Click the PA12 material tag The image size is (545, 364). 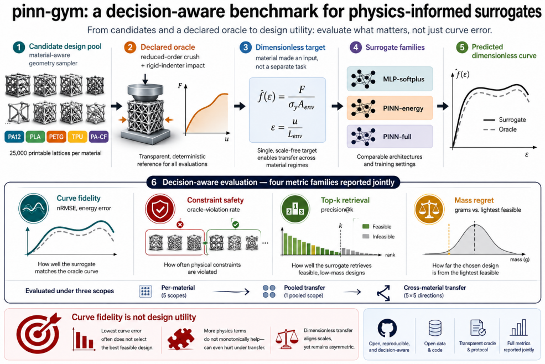[14, 137]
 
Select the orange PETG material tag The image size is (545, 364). [56, 137]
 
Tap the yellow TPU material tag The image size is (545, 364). [77, 137]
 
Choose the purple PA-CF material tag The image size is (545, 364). [98, 137]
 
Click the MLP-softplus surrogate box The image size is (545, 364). [390, 79]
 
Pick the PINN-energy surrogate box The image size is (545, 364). [390, 108]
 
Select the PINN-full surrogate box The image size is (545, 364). [390, 137]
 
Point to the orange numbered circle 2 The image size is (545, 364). [130, 47]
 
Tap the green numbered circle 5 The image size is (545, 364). [462, 47]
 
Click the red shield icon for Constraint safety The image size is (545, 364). [160, 209]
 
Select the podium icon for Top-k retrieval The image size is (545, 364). [295, 209]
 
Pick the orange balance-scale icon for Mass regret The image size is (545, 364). [429, 209]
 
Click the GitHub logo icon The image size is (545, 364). [387, 328]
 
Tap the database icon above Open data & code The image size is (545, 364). [435, 328]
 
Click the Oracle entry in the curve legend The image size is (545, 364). [500, 129]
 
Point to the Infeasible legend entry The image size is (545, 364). [378, 236]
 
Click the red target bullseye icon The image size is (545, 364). [38, 332]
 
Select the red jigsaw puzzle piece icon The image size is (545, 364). [181, 339]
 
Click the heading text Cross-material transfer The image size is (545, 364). [435, 288]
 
